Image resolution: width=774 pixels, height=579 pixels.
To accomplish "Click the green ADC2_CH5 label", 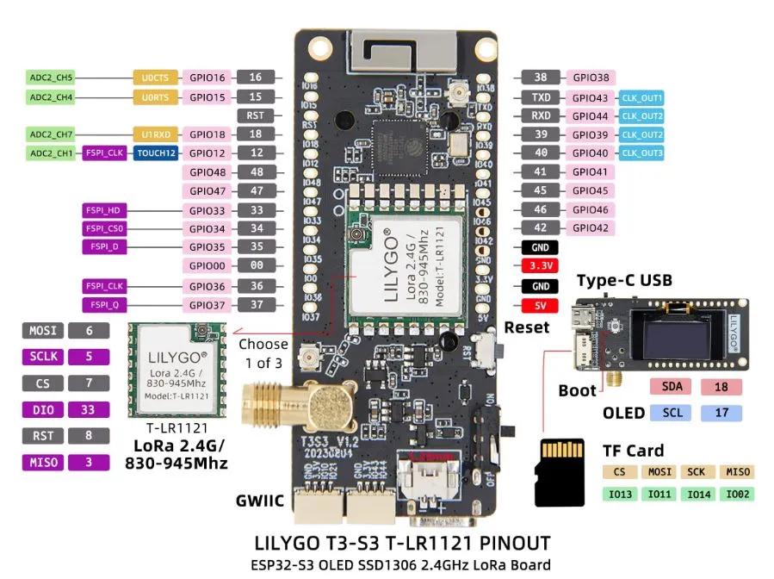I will tap(52, 78).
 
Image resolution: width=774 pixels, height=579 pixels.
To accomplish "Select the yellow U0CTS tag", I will tap(156, 78).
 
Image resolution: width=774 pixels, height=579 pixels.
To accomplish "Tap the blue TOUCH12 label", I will tap(156, 153).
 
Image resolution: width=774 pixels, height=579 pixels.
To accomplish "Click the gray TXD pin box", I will tap(541, 97).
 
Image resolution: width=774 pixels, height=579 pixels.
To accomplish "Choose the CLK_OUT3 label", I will tap(642, 153).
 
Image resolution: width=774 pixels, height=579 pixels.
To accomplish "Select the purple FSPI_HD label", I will tap(105, 210).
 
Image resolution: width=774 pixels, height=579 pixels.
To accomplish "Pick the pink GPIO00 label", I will tap(207, 266).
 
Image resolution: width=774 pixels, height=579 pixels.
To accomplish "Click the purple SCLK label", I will tap(42, 356).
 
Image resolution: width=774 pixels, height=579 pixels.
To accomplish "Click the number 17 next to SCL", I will tap(721, 414).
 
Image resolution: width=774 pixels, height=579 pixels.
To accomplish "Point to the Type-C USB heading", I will tap(624, 281).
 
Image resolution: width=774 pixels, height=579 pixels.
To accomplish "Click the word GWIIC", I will tap(261, 501).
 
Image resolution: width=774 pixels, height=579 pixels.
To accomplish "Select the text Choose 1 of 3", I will tap(263, 352).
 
